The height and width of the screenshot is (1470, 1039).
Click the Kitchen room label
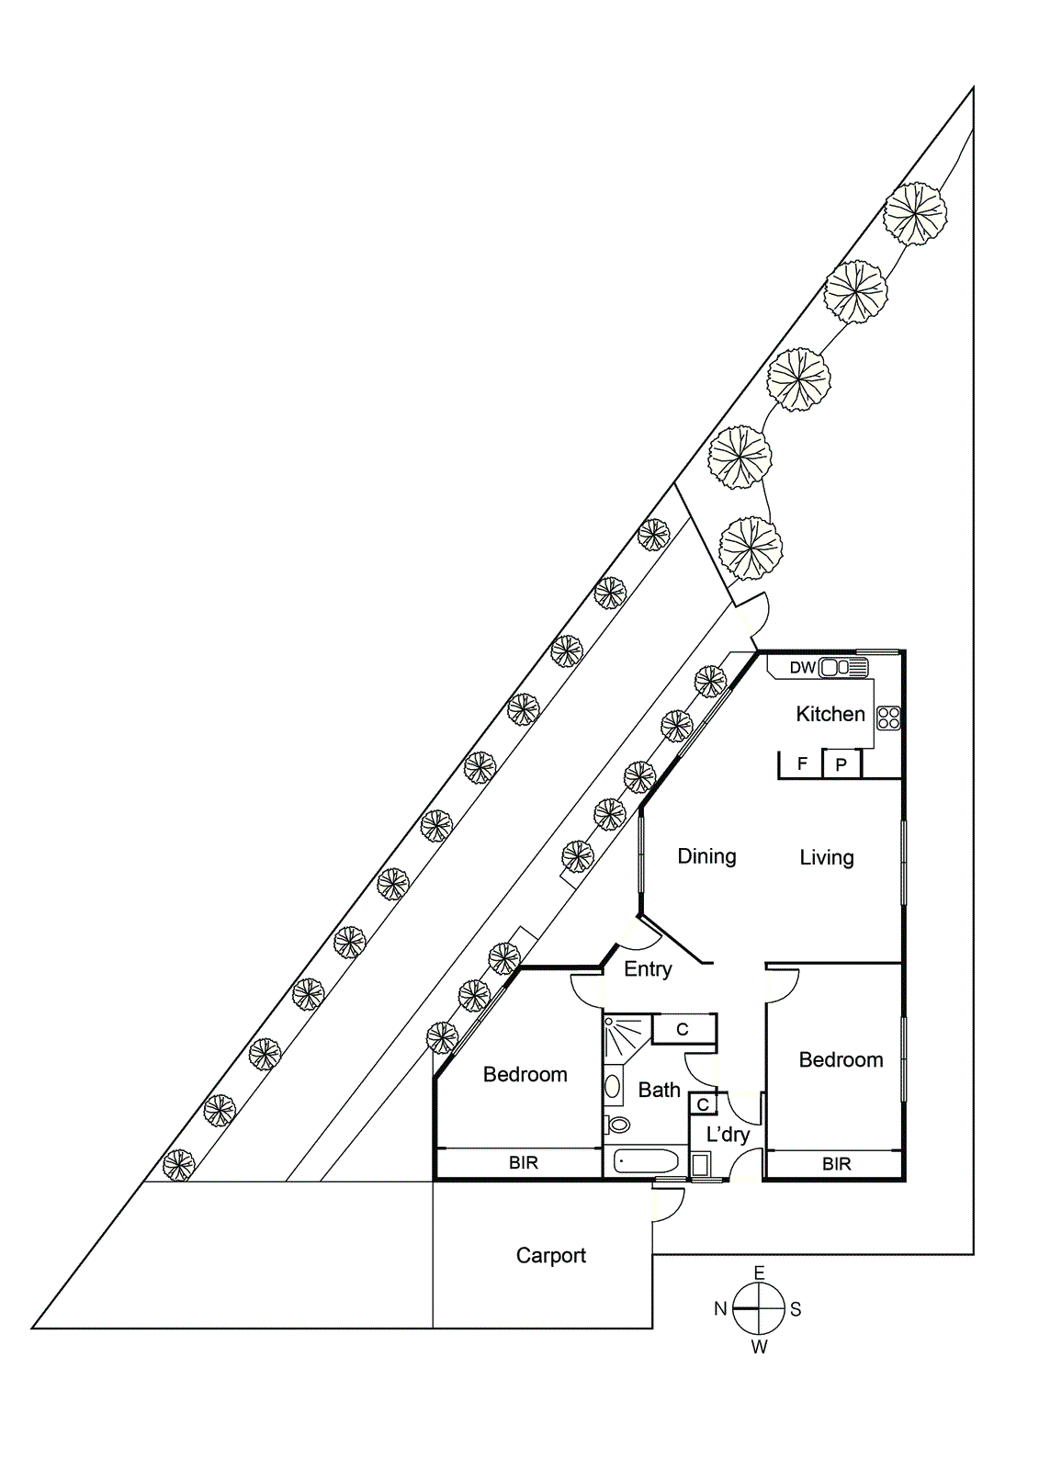coord(830,714)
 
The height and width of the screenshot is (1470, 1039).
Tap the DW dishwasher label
coord(802,668)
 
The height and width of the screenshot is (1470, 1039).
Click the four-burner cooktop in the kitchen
coord(888,718)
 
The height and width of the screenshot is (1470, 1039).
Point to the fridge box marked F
coord(802,764)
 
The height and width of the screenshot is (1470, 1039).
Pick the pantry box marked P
coord(841,764)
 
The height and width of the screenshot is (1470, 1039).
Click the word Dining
coord(706,856)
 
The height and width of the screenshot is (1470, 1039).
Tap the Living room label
coord(826,857)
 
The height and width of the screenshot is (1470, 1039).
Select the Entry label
coord(648,968)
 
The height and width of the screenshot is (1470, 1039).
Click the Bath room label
coord(659,1090)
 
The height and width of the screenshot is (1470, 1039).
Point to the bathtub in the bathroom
coord(647,1162)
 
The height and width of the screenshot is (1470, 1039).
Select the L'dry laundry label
coord(728,1135)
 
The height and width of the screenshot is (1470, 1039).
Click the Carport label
coord(550,1255)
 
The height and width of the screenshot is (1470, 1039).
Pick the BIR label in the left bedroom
coord(523,1163)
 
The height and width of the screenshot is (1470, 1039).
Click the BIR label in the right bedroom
coord(836,1164)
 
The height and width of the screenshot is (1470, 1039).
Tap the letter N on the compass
coord(720,1309)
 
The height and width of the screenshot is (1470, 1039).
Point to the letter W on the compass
coord(759,1347)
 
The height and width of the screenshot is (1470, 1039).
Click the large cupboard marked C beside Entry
coord(683,1029)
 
